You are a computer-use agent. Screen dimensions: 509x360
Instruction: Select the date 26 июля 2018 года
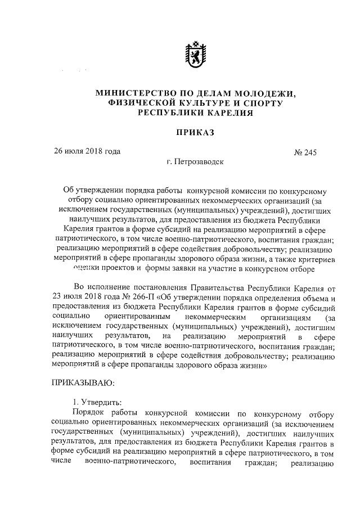pos(87,151)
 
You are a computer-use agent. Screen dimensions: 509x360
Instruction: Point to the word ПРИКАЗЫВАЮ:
pos(83,384)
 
